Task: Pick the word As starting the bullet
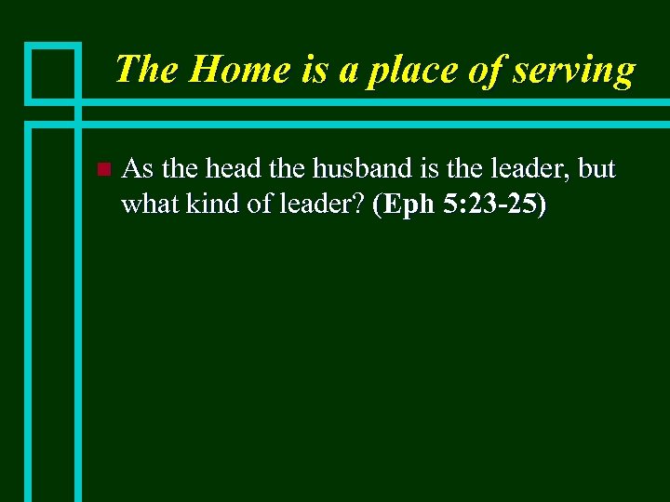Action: point(138,169)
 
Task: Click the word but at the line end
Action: point(596,169)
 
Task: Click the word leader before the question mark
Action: point(319,205)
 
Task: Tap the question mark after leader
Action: point(359,205)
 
